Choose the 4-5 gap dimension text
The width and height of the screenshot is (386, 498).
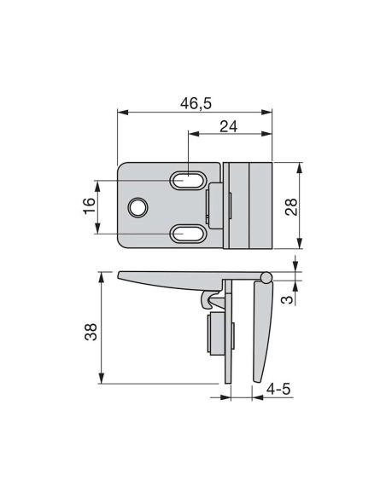(x=278, y=390)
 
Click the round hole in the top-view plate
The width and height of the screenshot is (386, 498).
(x=137, y=207)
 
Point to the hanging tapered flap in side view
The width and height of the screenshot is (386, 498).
(x=262, y=328)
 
